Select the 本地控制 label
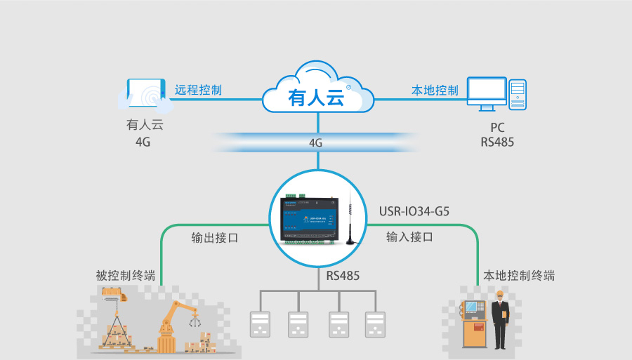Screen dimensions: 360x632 point(435,90)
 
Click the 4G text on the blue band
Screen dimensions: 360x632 point(316,142)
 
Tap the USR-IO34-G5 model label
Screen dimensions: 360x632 point(414,210)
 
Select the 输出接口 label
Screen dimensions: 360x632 point(215,237)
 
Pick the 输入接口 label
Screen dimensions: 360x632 point(409,237)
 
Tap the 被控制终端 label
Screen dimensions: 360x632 point(126,276)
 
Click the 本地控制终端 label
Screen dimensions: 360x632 point(520,276)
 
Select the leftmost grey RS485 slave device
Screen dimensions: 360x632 point(261,325)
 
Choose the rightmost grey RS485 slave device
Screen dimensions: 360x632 point(375,325)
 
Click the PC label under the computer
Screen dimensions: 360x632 point(497,128)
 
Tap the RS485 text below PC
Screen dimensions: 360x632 point(497,142)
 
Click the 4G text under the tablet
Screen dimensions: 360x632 point(143,142)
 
